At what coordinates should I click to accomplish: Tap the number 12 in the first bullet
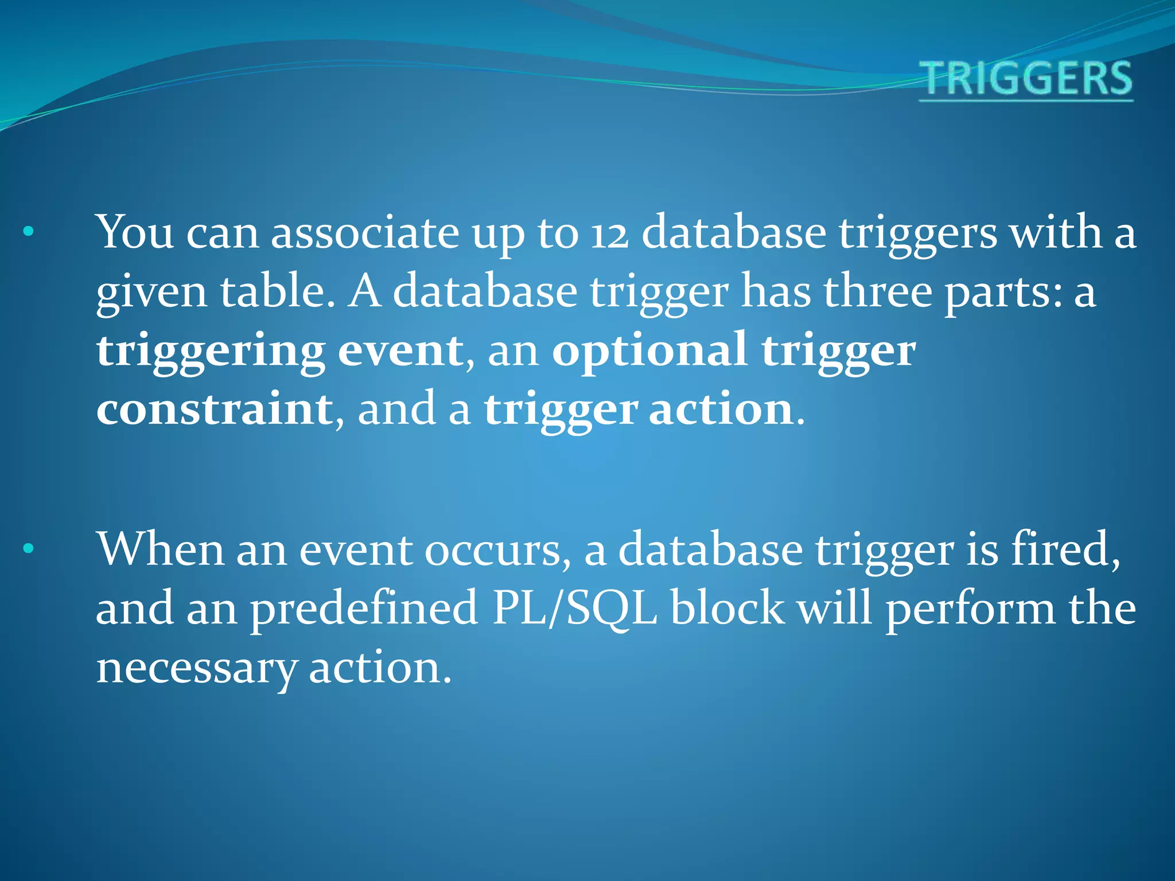point(610,234)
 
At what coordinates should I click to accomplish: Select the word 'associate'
point(365,233)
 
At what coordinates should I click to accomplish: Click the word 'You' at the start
point(135,232)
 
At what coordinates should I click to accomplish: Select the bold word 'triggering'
point(211,352)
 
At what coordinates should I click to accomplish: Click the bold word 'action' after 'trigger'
point(721,409)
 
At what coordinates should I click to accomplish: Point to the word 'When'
point(161,549)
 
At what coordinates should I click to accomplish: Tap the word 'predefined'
point(364,609)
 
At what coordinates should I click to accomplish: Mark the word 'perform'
point(970,609)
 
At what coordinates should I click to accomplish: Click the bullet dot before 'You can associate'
point(29,232)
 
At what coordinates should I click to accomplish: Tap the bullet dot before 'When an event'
point(29,549)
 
